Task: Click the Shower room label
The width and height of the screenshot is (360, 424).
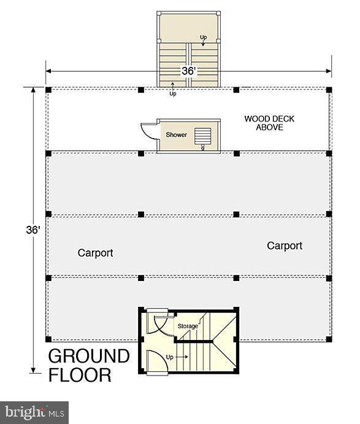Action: pos(176,134)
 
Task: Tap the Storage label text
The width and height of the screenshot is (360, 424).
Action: pos(188,326)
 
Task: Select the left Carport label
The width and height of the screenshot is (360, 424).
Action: pos(95,253)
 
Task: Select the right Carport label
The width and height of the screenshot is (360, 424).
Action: pos(285,246)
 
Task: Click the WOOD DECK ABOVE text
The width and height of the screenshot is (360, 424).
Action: pos(269,123)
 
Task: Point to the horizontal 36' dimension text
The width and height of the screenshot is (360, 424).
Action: pos(188,71)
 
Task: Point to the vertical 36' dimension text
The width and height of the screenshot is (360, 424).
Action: pos(33,230)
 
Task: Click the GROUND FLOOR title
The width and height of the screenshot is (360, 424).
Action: pos(89,365)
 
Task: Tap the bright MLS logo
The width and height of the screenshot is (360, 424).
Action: pos(34,412)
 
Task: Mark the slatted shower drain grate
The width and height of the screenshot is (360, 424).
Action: pos(203,136)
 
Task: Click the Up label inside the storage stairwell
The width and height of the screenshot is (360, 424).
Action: pos(169,357)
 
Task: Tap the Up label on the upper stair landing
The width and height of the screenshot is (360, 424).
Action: pos(203,37)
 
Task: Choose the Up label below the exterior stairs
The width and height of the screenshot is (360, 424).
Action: pos(173,93)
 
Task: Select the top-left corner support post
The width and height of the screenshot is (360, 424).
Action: pos(48,90)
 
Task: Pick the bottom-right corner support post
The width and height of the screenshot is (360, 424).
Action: pos(329,339)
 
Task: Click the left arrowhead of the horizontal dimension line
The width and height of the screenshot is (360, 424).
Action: pos(48,71)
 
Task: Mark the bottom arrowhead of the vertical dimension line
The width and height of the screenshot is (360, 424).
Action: pos(33,370)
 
